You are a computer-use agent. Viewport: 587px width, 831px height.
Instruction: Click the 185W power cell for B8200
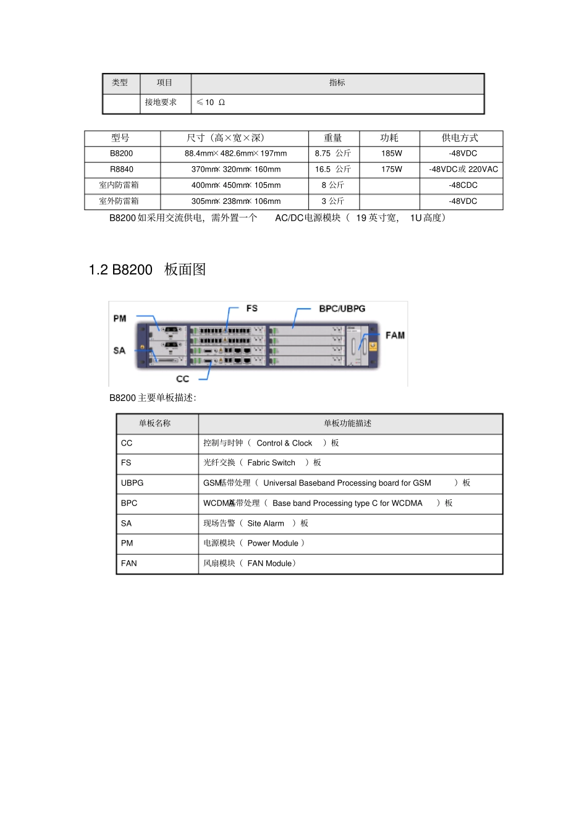(x=391, y=153)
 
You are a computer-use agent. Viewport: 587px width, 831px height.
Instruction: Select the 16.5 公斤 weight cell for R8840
(x=332, y=169)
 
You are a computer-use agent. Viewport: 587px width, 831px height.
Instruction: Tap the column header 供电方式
(x=460, y=138)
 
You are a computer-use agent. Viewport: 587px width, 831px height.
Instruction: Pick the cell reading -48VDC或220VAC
(x=463, y=169)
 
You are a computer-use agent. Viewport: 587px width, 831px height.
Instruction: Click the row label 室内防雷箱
(x=119, y=185)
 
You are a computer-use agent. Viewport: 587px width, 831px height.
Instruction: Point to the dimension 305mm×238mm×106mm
(x=236, y=201)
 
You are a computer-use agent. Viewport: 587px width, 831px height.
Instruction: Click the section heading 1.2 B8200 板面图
(x=147, y=269)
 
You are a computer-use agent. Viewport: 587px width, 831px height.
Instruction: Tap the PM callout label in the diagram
(x=120, y=319)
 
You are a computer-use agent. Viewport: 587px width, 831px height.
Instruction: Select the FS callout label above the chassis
(x=251, y=308)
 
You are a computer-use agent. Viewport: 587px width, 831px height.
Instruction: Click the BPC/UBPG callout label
(x=342, y=308)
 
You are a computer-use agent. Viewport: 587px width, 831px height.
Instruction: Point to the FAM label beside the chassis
(x=395, y=335)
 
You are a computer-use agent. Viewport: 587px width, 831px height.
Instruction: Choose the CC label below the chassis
(x=182, y=379)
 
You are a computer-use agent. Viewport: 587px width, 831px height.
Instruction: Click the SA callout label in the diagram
(x=119, y=350)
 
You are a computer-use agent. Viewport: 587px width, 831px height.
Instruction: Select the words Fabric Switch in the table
(x=271, y=463)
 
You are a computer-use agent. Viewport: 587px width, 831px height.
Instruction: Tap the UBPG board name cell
(x=132, y=483)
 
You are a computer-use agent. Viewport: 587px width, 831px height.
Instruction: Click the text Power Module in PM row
(x=272, y=543)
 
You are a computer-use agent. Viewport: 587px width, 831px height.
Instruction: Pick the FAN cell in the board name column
(x=129, y=563)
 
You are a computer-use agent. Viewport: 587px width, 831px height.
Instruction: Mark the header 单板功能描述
(x=347, y=423)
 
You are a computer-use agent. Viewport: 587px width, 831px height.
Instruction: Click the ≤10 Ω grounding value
(x=211, y=103)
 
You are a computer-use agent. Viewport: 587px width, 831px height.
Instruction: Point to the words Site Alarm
(x=266, y=523)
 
